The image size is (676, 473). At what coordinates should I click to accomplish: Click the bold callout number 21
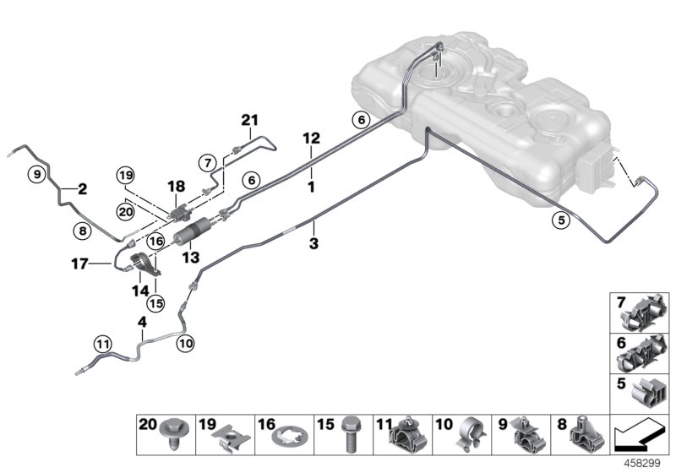tap(248, 122)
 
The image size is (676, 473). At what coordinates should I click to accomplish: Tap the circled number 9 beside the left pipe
tap(35, 175)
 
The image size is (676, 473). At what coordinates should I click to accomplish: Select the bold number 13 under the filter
tap(193, 257)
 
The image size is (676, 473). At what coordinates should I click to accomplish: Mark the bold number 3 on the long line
tap(313, 244)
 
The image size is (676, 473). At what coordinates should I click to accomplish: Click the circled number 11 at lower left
tap(102, 344)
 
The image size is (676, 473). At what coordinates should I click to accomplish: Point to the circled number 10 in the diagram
tap(186, 344)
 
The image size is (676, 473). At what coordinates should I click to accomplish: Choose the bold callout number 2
tap(83, 189)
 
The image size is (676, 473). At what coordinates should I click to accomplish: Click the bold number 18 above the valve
tap(176, 186)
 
